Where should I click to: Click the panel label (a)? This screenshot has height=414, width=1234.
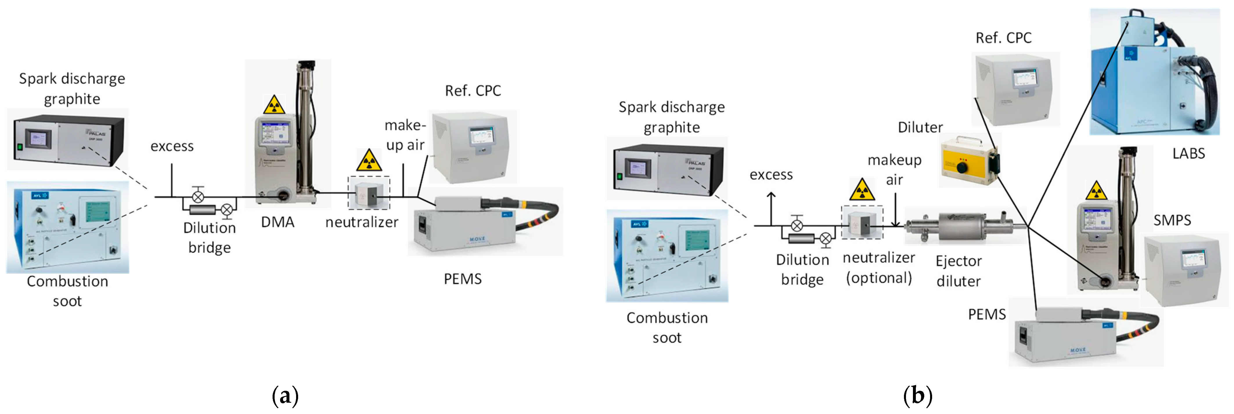click(x=285, y=396)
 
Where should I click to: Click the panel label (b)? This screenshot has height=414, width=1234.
click(x=917, y=396)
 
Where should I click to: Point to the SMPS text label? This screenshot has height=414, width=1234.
click(x=1172, y=220)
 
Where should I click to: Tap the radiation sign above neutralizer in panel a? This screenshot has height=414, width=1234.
click(x=369, y=161)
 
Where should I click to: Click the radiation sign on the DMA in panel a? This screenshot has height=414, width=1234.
click(x=274, y=105)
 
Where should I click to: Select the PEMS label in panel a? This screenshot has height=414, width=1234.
click(x=462, y=279)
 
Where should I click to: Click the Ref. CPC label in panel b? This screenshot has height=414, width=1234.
click(x=1003, y=38)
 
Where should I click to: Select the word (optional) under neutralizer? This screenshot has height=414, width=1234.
click(x=879, y=278)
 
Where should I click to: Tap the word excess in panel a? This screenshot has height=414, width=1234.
click(x=172, y=146)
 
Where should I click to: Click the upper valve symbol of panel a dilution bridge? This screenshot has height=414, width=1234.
click(x=198, y=196)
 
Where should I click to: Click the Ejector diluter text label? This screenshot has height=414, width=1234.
click(x=959, y=271)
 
